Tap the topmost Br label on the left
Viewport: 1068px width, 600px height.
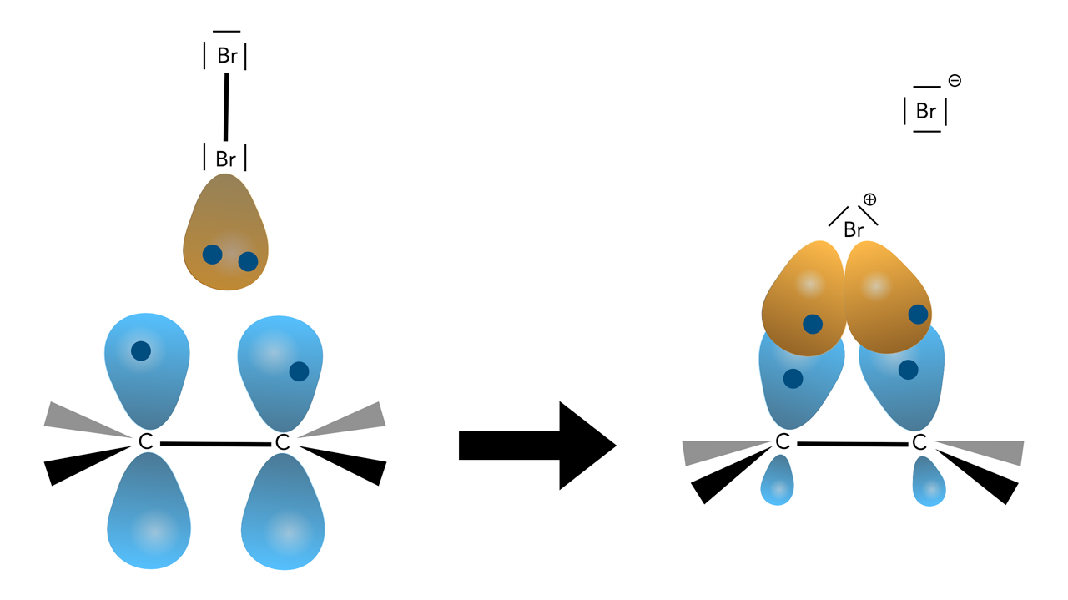(x=226, y=56)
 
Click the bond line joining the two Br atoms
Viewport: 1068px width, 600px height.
(x=225, y=107)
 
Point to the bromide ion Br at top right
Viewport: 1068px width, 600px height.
(x=926, y=111)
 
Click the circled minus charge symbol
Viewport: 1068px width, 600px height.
(x=955, y=81)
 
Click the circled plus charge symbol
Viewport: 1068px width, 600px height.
(x=869, y=199)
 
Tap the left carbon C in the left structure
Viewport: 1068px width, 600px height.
(x=146, y=442)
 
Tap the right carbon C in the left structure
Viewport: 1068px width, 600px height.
(x=283, y=442)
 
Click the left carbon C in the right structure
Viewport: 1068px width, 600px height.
(x=782, y=442)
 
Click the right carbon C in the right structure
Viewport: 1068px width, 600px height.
(x=919, y=442)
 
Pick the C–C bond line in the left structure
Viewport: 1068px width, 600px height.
(x=214, y=444)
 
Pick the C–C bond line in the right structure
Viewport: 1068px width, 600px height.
(x=851, y=444)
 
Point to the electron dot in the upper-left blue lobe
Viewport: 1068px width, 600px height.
(x=141, y=350)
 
